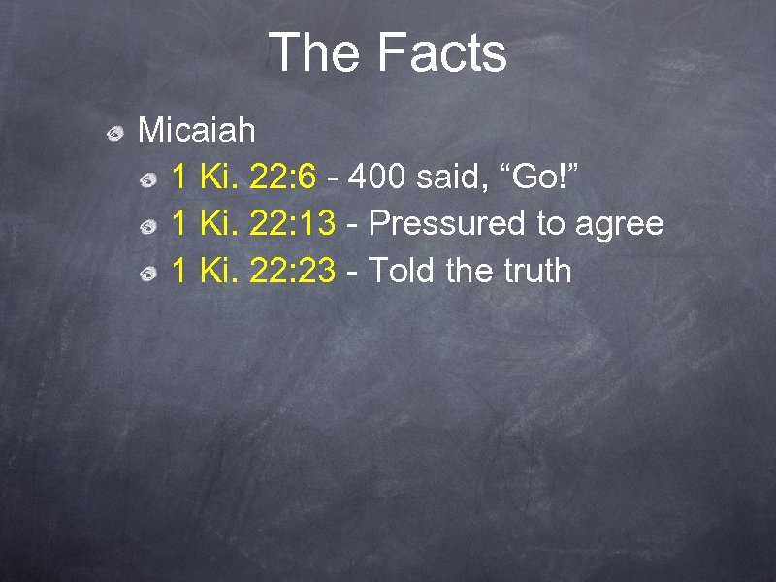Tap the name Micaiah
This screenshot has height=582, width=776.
coord(197,129)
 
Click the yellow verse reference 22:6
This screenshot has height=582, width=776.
coord(283,177)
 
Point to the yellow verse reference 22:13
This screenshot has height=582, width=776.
coord(293,224)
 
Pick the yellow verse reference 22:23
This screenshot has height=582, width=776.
coord(293,271)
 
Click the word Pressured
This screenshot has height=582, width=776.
coord(447,224)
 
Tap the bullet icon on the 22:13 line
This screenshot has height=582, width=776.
coord(149,227)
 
